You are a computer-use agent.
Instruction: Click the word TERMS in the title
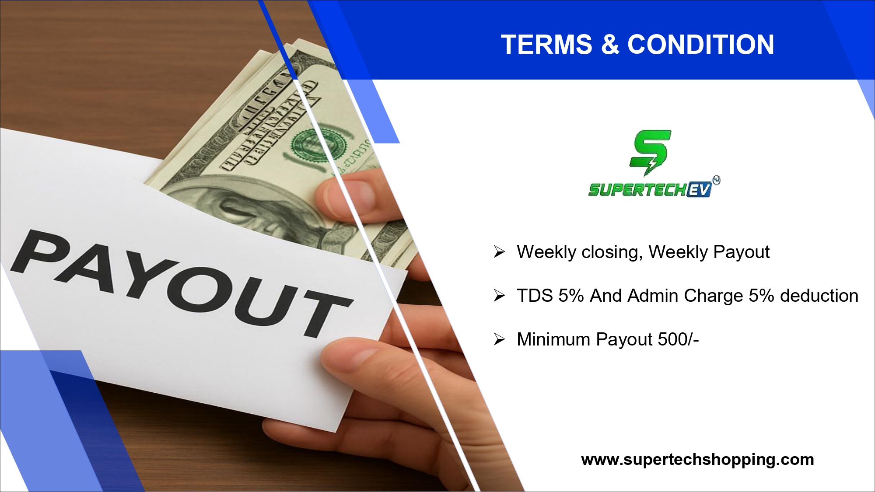tap(546, 44)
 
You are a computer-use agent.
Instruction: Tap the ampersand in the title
tap(610, 44)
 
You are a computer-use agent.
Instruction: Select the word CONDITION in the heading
tap(701, 44)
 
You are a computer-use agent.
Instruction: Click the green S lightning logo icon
tap(650, 152)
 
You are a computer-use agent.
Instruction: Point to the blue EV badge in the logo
tap(699, 190)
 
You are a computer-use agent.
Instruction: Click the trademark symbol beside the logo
tap(716, 180)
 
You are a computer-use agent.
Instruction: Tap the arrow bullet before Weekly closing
tap(499, 252)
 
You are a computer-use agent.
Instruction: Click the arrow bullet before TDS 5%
tap(499, 296)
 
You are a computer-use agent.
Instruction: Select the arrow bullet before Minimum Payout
tap(499, 339)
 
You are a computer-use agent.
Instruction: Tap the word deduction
tap(819, 296)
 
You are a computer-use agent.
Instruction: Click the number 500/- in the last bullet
tap(679, 339)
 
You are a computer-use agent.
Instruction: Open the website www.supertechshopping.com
tap(697, 460)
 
